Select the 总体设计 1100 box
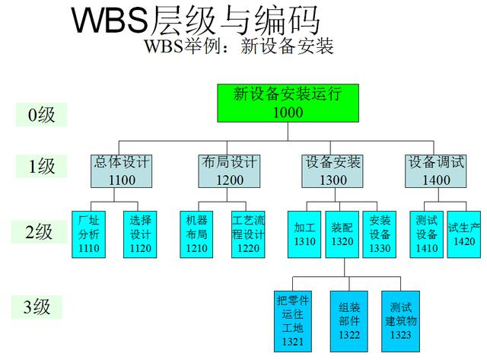[122, 171]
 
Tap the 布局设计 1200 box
[229, 171]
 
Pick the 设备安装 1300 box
[333, 171]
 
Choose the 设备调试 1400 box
[436, 171]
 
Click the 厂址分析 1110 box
[89, 234]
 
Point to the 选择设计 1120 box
[141, 234]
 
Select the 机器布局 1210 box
[196, 234]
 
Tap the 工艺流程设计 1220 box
[248, 234]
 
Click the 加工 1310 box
[304, 234]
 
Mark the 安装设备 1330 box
[380, 234]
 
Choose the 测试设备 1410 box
[427, 234]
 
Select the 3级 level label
[37, 307]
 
